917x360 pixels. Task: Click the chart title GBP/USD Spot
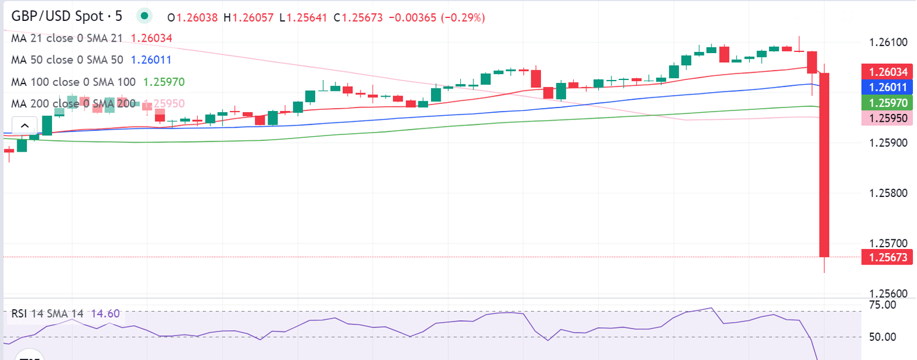[x=60, y=16]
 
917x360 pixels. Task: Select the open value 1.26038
[x=198, y=18]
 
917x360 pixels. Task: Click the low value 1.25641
[x=306, y=18]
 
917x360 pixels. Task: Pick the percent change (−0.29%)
[x=463, y=18]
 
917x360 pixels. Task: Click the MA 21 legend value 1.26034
[x=151, y=38]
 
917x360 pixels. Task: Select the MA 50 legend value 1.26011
[x=151, y=60]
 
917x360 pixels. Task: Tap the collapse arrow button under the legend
[x=25, y=126]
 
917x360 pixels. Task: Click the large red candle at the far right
[x=824, y=164]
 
